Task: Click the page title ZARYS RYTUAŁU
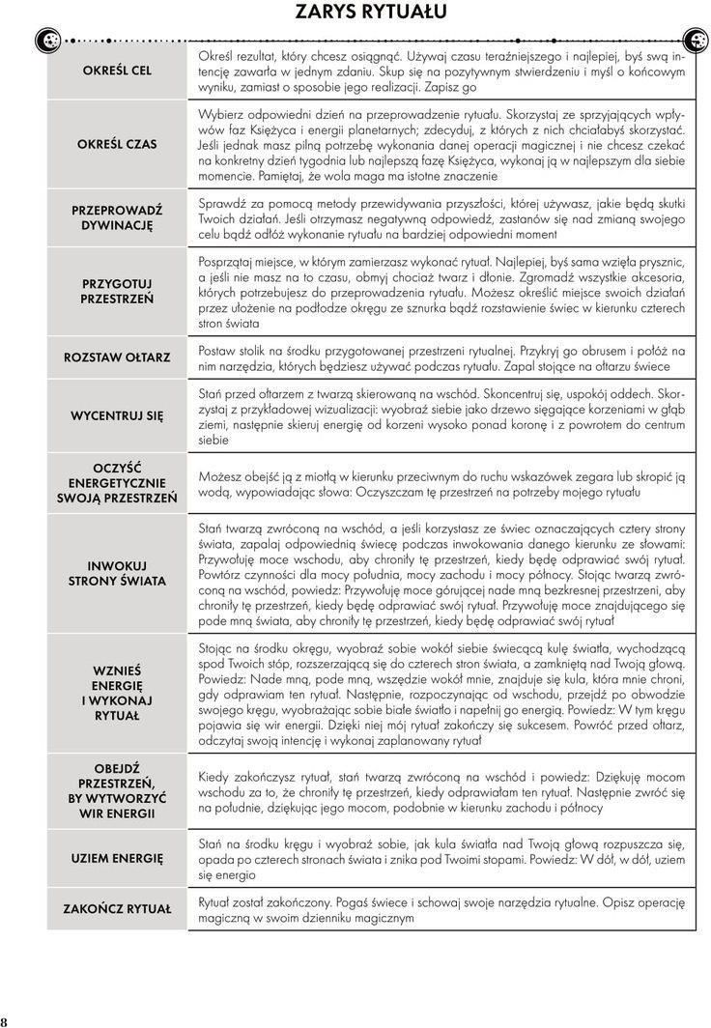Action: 356,13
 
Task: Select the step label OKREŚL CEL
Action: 117,71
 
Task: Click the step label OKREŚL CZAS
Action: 117,144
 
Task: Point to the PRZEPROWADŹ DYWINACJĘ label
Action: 117,217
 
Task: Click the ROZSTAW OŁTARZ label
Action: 117,357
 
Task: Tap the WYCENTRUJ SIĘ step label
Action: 117,415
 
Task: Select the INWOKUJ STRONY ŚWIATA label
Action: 117,574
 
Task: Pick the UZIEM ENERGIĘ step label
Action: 117,857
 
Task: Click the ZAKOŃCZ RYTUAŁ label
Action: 117,909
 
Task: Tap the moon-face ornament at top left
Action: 45,40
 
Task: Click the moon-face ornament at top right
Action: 696,40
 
